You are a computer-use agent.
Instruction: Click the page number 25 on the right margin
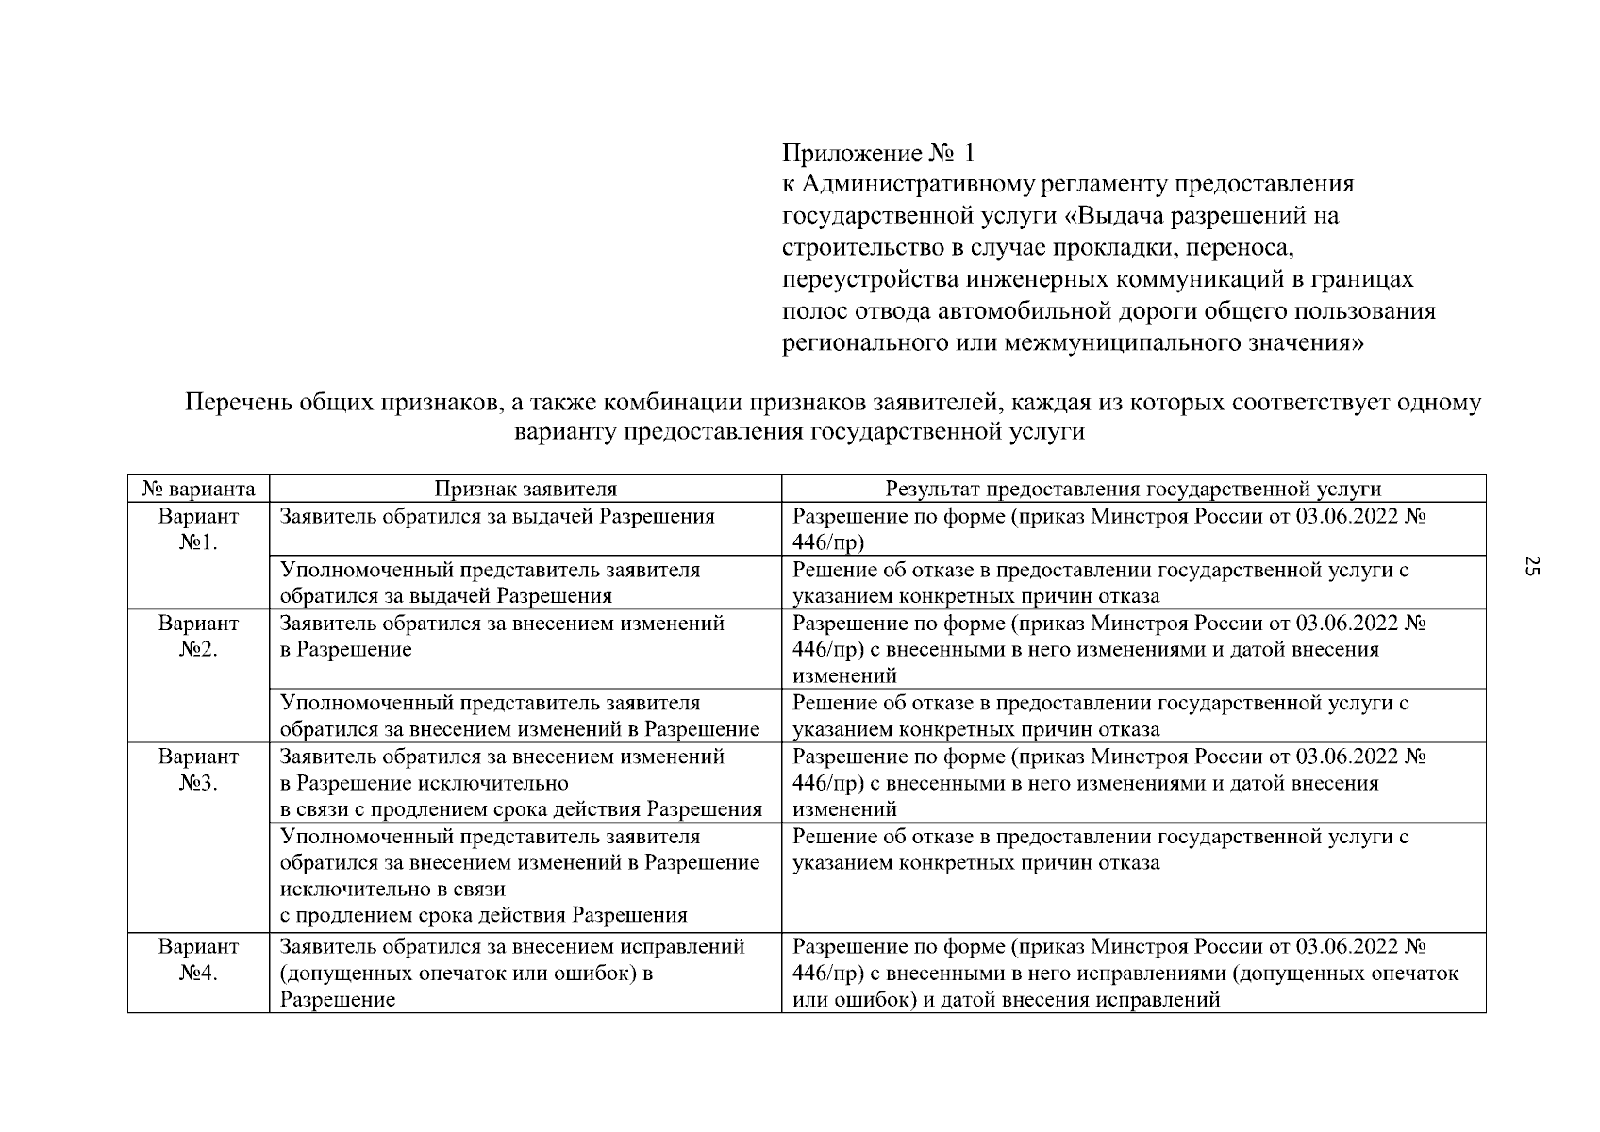click(x=1532, y=567)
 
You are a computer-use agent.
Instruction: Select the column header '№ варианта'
click(x=198, y=489)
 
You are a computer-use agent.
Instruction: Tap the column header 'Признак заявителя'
click(x=525, y=489)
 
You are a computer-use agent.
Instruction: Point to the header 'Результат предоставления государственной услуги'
click(x=1132, y=489)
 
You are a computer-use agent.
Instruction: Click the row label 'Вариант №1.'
click(x=198, y=529)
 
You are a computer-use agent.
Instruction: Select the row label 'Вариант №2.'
click(x=198, y=637)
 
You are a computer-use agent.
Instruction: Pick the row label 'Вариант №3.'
click(x=198, y=770)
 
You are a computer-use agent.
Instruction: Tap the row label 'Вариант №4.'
click(x=198, y=959)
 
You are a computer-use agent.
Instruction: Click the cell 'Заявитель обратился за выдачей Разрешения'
click(x=497, y=517)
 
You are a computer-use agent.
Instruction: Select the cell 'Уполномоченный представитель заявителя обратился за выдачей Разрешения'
click(x=491, y=583)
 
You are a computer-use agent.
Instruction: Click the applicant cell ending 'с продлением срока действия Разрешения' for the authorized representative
click(x=520, y=875)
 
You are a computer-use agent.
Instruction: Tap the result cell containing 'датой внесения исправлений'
click(x=1125, y=973)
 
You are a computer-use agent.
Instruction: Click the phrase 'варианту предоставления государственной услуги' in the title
click(x=799, y=432)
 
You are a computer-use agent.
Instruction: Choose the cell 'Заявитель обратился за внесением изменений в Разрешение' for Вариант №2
click(x=502, y=637)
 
